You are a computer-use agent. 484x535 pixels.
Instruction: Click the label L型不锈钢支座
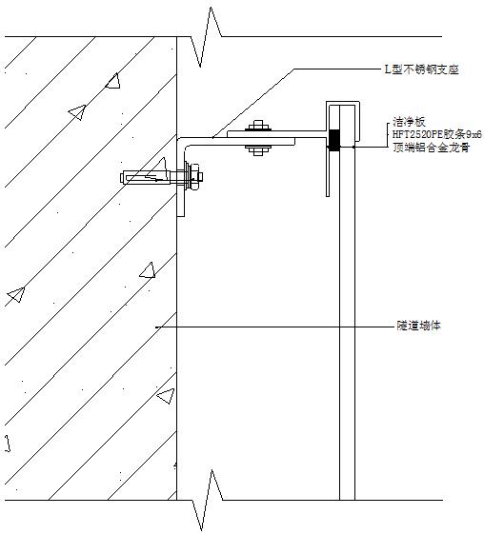click(421, 69)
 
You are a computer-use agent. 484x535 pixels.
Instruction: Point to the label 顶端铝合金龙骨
click(431, 148)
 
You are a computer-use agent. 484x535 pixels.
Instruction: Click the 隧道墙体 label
click(419, 326)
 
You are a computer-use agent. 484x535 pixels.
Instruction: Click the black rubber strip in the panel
click(334, 140)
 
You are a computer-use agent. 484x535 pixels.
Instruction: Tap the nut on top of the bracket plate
click(258, 126)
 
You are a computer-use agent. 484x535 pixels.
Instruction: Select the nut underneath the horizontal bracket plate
click(258, 150)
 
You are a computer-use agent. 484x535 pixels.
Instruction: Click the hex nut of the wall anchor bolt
click(194, 177)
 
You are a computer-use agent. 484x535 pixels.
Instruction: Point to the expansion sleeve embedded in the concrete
click(146, 177)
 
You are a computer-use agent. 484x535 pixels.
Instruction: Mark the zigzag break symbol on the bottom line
click(207, 500)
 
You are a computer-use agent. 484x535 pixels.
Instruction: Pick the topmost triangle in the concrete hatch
click(113, 82)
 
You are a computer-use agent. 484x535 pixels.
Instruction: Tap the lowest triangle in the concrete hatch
click(166, 396)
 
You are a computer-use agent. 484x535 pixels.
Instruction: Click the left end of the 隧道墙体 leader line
click(155, 327)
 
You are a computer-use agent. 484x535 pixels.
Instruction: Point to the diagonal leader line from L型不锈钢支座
click(253, 104)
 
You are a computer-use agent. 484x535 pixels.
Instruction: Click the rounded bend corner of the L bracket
click(182, 143)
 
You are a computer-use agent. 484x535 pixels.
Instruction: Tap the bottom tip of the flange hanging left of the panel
click(328, 196)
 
